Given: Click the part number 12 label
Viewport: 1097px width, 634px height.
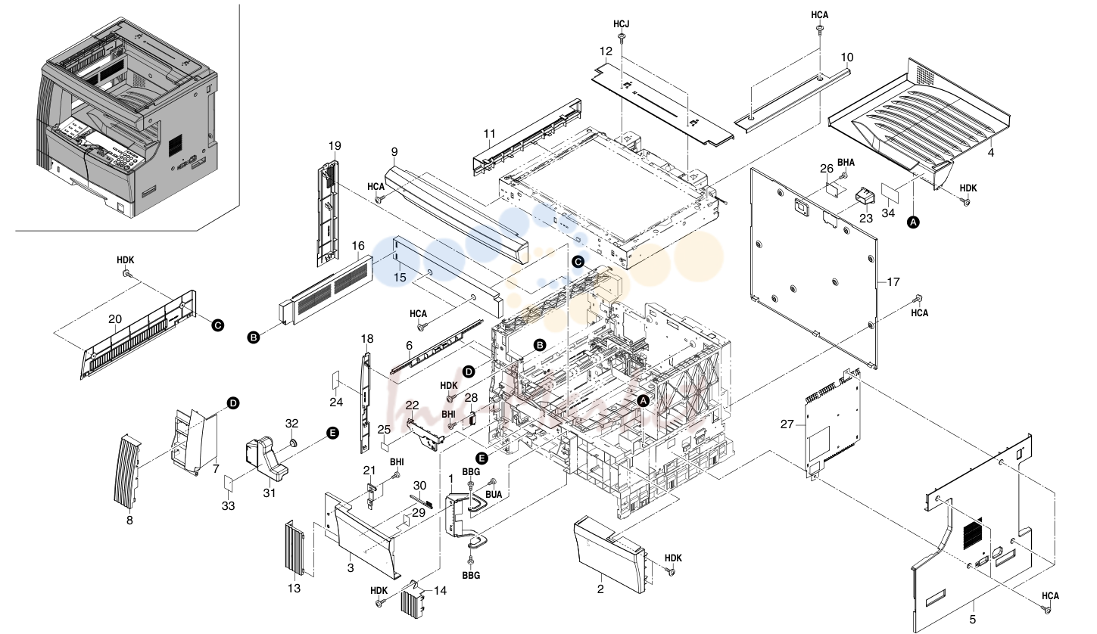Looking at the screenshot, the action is [x=606, y=51].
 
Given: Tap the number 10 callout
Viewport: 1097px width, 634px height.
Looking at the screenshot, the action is [x=847, y=57].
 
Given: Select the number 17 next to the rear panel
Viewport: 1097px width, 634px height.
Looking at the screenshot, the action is [x=894, y=282].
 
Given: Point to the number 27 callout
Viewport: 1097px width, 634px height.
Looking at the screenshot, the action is [x=787, y=424].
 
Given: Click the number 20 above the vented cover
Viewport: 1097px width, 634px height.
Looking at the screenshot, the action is [x=115, y=319].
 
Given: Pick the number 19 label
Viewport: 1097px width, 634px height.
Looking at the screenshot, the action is [x=335, y=146].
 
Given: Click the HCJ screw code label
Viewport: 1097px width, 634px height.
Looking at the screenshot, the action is [x=622, y=24].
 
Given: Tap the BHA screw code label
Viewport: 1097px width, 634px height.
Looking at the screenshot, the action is [x=846, y=163].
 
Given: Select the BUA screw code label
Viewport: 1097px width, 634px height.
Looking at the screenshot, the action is [x=494, y=495].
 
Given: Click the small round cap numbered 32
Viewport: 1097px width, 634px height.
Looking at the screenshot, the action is [x=292, y=443].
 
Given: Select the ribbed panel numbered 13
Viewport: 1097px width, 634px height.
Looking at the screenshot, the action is [x=295, y=549].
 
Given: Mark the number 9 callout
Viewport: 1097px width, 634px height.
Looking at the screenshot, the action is [x=394, y=152].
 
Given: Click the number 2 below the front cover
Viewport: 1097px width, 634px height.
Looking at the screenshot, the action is [x=600, y=589].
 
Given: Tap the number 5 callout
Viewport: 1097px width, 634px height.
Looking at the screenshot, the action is [x=973, y=620].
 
